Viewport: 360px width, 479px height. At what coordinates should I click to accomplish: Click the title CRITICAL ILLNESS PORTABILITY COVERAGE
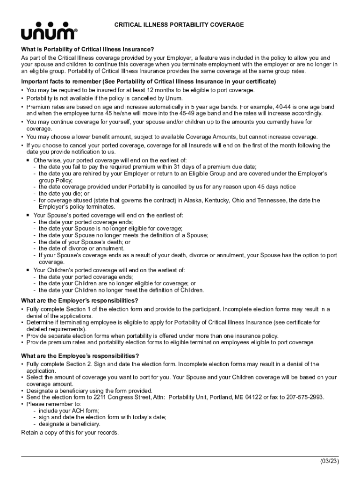(179, 25)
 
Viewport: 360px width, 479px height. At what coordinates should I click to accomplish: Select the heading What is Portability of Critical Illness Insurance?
(87, 50)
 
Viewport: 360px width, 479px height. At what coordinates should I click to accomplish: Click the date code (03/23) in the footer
(330, 462)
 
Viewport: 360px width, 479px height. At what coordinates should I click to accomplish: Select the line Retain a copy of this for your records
(70, 432)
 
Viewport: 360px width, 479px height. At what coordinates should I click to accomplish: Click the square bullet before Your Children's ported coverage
(29, 270)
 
